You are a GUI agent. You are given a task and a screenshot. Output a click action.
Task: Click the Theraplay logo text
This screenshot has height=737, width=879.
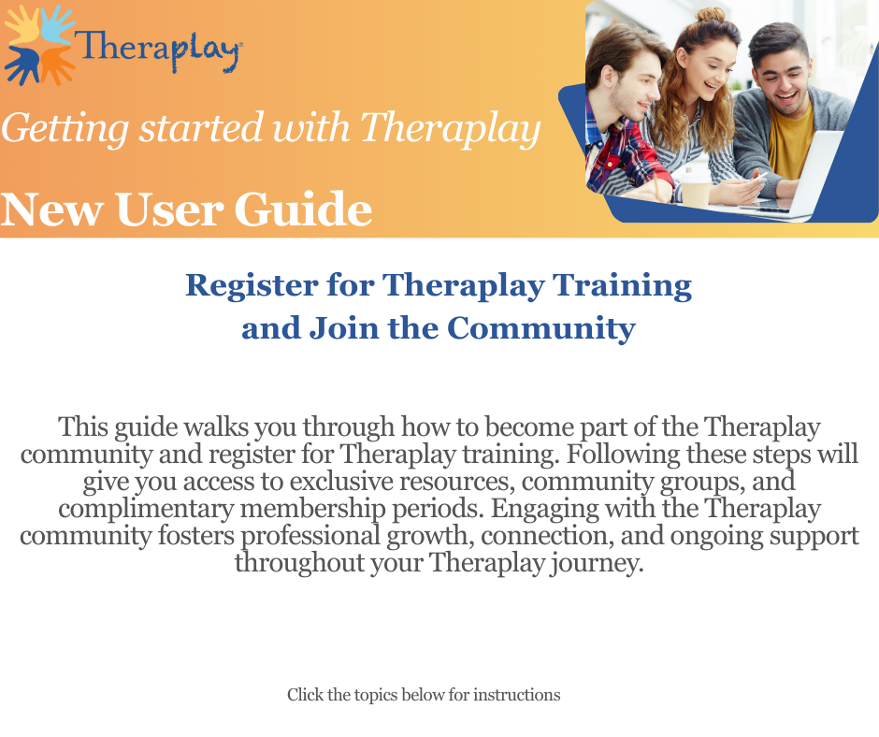point(158,50)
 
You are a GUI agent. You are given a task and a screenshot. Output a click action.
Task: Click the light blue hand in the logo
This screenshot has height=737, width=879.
point(56,24)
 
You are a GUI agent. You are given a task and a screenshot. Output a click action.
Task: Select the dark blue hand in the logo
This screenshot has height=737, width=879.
point(22,65)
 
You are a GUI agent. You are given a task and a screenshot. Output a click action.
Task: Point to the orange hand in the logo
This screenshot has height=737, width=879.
point(57,65)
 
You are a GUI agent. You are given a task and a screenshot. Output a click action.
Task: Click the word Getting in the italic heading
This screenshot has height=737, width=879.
point(65,129)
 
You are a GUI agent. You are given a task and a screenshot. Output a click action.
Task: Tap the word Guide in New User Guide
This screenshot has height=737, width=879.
point(303,210)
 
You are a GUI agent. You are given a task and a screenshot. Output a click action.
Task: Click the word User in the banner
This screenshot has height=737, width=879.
point(170,210)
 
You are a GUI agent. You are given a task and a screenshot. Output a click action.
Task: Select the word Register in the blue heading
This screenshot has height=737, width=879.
point(252,286)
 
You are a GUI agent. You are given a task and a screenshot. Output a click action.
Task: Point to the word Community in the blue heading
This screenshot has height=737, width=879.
point(541,327)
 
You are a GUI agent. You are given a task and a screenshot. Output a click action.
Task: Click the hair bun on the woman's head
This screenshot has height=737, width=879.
point(711,15)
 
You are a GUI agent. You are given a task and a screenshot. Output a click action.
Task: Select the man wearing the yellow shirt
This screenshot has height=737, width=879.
point(787,109)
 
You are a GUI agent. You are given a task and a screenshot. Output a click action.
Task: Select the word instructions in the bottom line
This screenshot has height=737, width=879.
point(516,695)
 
